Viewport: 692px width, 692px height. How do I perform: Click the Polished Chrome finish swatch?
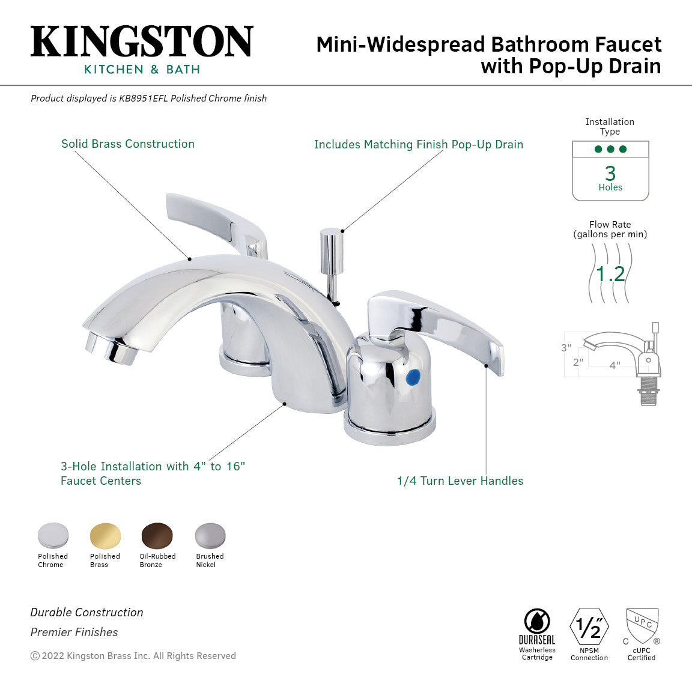coord(53,535)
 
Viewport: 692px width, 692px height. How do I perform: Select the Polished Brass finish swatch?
coord(105,536)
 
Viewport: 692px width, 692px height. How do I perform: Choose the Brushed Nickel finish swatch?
coord(210,536)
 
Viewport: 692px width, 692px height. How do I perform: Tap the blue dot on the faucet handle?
coord(413,378)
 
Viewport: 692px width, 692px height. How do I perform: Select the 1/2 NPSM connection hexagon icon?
coord(589,627)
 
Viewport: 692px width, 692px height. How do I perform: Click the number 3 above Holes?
coord(610,174)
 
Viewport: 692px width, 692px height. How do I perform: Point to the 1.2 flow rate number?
coord(610,274)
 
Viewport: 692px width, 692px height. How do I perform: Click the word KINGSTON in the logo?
coord(142,42)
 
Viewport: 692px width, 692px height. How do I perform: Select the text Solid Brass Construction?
coord(128,144)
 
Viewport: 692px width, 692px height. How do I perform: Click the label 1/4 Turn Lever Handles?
coord(460,481)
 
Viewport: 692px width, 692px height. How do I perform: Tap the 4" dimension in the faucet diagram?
coord(615,365)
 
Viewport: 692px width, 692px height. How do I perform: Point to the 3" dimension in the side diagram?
coord(566,348)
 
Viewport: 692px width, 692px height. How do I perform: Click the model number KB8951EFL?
coord(144,99)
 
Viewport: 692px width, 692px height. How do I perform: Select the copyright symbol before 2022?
coord(35,656)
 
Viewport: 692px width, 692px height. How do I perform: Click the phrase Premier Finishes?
coord(74,632)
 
